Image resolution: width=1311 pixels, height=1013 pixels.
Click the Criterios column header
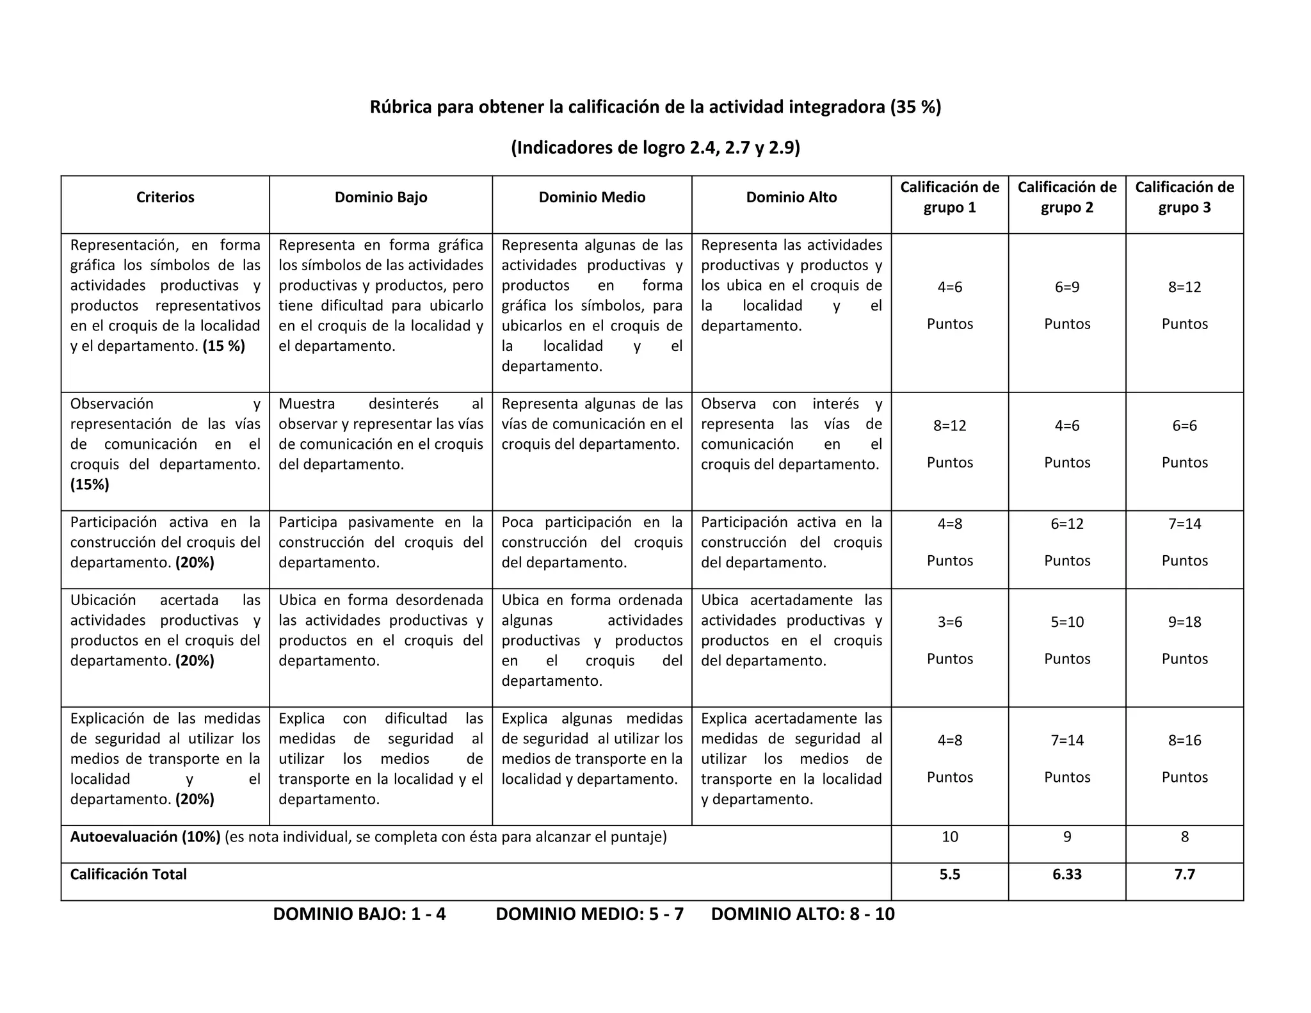[165, 197]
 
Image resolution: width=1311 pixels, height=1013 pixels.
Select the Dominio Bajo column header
[381, 197]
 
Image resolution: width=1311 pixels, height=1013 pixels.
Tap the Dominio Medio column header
[591, 197]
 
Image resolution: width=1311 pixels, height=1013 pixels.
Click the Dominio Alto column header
[791, 197]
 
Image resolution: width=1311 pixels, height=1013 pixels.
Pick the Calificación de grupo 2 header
[1066, 197]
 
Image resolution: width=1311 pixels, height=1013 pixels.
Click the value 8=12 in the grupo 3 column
[1184, 288]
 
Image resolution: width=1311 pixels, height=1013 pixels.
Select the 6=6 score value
[1184, 426]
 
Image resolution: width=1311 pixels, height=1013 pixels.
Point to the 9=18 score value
[1184, 622]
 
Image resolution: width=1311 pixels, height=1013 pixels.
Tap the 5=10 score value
[1066, 622]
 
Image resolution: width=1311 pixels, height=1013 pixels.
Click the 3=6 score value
[949, 622]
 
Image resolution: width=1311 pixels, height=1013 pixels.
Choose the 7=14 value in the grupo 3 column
[1184, 524]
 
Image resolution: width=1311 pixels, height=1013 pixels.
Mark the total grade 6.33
[1066, 875]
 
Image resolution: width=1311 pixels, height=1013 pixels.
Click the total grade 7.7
[1184, 875]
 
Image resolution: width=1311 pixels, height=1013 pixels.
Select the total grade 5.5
[949, 875]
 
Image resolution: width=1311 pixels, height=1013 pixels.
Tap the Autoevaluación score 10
[949, 837]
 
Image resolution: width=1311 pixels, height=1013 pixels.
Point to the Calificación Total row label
[128, 875]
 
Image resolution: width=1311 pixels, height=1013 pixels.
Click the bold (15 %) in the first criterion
[223, 346]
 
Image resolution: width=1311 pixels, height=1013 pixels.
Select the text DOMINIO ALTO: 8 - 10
[803, 914]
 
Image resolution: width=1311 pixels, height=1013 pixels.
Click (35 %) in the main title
[915, 107]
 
